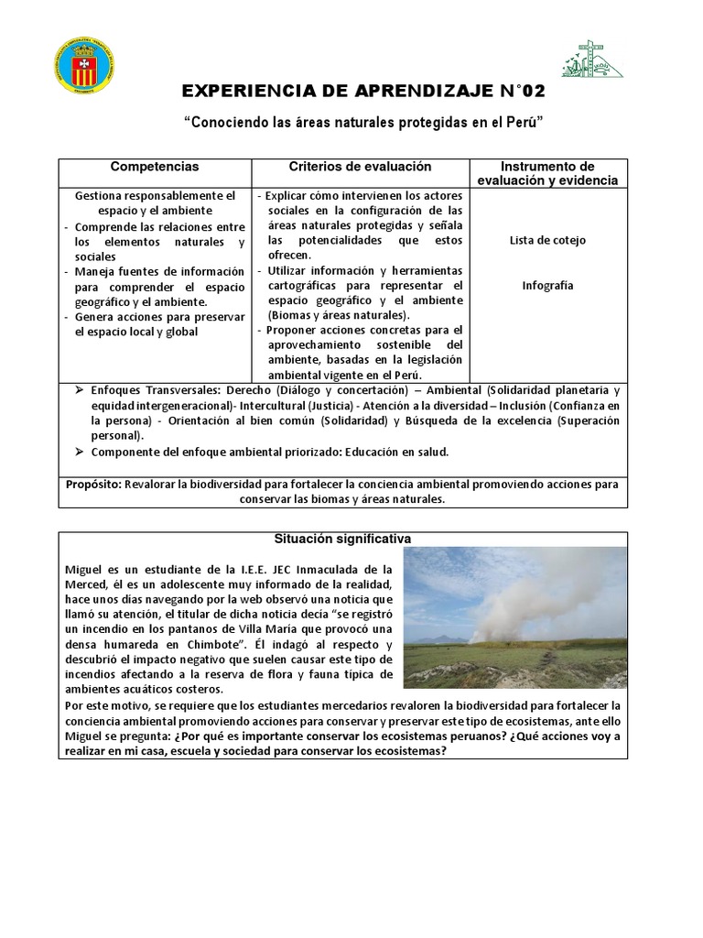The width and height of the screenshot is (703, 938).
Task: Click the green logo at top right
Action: [591, 60]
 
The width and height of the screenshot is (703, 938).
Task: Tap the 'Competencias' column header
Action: [155, 167]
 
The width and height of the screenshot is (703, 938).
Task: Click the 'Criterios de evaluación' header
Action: [360, 167]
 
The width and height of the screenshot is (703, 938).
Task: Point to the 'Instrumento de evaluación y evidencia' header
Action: [547, 173]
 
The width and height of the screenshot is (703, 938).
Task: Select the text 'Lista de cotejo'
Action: [547, 240]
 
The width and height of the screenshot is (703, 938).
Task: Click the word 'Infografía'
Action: [547, 285]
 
